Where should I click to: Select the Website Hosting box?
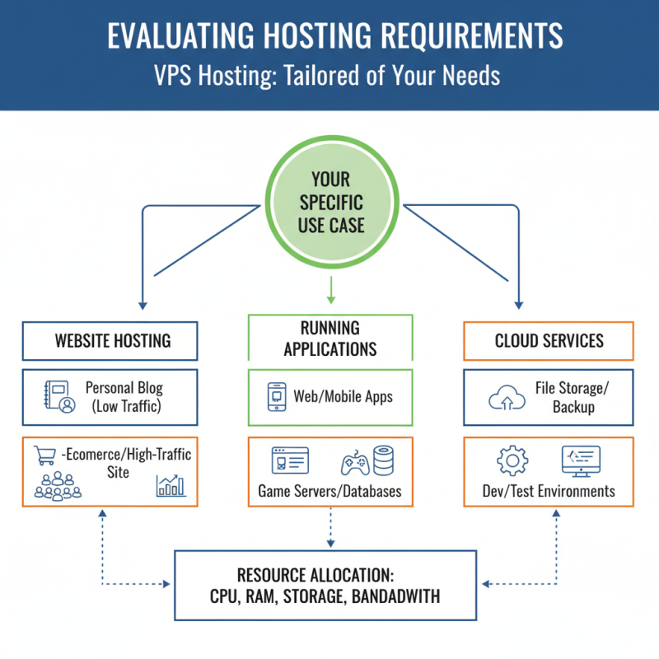coord(110,340)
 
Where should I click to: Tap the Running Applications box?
coord(329,338)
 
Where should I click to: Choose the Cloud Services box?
coord(549,340)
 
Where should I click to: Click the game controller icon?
coord(355,463)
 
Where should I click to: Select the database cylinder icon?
coord(385,460)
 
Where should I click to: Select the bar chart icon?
coord(171,486)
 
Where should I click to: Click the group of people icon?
coord(58,488)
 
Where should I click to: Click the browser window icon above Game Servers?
coord(290,461)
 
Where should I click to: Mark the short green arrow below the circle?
coord(329,290)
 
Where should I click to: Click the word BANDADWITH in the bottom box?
coord(396,596)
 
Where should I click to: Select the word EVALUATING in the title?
coord(180,36)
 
